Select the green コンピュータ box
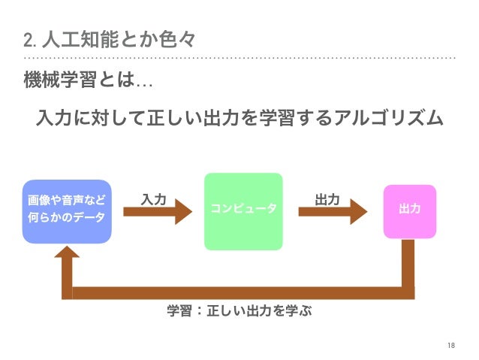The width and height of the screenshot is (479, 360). point(243,211)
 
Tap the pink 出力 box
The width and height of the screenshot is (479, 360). point(409,211)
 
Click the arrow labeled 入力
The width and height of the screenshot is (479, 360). point(158,213)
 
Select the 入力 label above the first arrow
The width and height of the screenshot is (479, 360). point(153,199)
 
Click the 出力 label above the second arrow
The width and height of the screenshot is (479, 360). point(327,199)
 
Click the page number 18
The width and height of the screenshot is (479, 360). point(450,344)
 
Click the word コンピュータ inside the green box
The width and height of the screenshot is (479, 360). point(243,207)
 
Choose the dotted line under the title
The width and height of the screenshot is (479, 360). point(239,57)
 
